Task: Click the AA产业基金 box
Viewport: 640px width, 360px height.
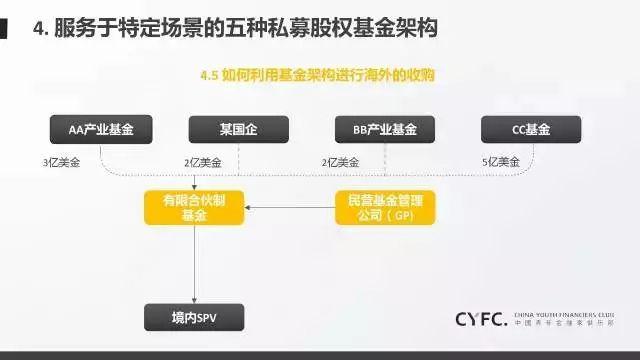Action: [x=100, y=130]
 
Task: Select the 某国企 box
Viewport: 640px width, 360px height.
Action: [x=239, y=130]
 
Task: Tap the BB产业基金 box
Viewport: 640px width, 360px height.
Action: [x=385, y=130]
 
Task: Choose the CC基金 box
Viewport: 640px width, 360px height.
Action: [x=531, y=130]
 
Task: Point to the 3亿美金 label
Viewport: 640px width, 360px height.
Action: [x=61, y=161]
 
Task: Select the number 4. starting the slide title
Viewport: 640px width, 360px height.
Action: [x=39, y=31]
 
